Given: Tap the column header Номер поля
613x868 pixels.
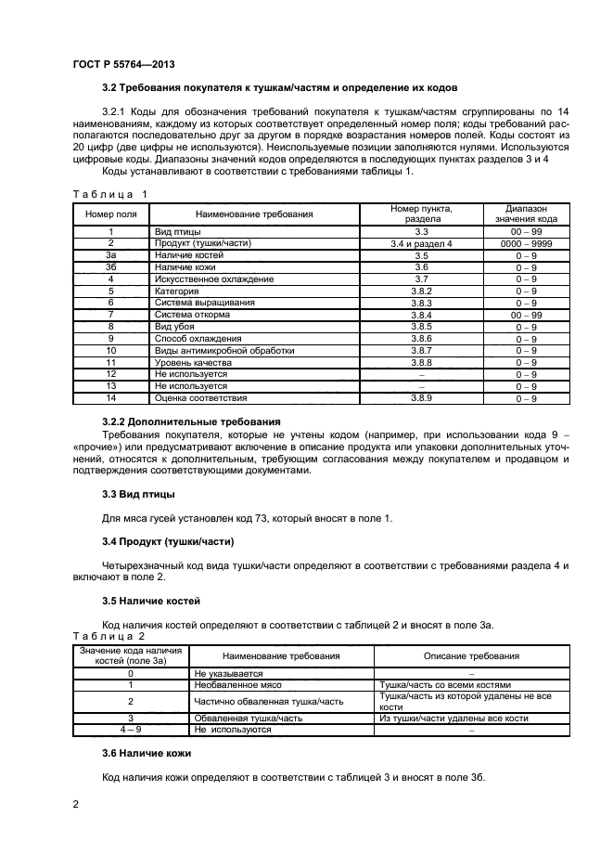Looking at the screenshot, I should coord(111,214).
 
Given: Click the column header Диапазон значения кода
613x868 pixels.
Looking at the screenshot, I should coord(527,214).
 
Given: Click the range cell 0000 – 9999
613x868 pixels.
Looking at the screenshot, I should coord(527,243).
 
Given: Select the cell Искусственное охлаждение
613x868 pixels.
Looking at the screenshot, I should coord(214,279).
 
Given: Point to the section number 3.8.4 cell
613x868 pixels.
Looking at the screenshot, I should coord(421,315).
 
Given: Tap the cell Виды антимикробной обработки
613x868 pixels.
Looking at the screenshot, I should coord(224,351).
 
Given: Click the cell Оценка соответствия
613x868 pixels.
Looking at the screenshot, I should coord(201,398).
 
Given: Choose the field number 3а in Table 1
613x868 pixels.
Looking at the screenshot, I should coord(111,254).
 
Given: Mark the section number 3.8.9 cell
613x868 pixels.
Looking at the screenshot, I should coord(421,398).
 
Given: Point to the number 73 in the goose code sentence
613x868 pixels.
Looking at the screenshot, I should coord(245,517).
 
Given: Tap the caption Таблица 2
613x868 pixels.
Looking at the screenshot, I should coord(108,637).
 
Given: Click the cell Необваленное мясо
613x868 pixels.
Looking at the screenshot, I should coord(232,685).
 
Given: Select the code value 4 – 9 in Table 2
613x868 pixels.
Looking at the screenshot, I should coord(131,730).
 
